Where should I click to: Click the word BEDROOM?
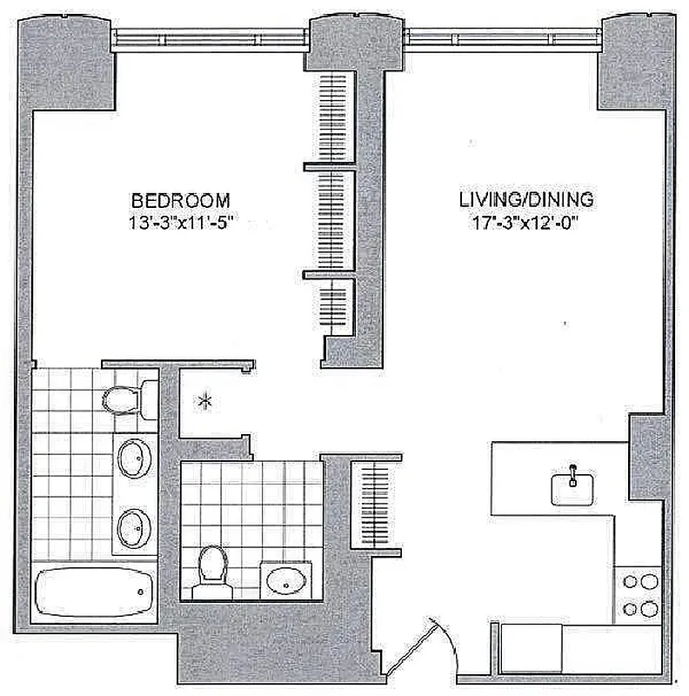(x=180, y=198)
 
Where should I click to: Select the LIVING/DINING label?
(x=526, y=199)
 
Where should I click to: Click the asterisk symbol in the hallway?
(x=206, y=401)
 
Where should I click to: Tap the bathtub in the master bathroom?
(x=89, y=594)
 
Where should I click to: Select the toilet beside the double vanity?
(x=123, y=398)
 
